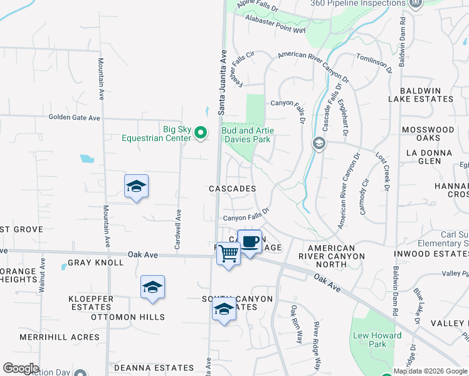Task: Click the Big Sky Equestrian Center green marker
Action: [x=201, y=132]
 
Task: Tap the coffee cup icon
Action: [x=250, y=241]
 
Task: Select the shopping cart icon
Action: [x=229, y=254]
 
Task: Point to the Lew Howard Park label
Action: [x=377, y=340]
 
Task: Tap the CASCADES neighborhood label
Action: [x=232, y=188]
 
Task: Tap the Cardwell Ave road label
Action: [x=179, y=229]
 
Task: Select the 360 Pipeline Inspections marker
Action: [x=415, y=4]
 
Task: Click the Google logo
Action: [x=21, y=368]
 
